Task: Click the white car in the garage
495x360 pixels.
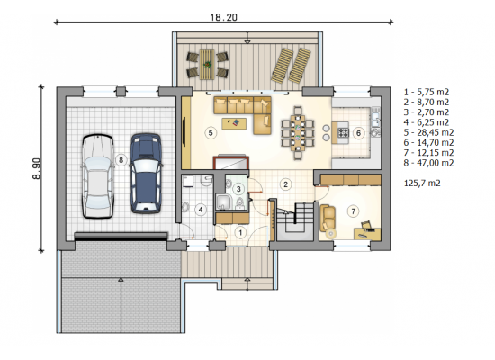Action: coord(97,176)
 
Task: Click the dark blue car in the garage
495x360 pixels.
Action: coord(146,173)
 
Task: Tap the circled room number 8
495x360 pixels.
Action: coord(121,160)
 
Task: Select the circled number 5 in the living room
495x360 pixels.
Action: coord(211,133)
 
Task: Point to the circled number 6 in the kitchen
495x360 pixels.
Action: coord(358,133)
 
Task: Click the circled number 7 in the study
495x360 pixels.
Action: coord(354,211)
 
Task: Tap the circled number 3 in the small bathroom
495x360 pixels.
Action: coord(238,189)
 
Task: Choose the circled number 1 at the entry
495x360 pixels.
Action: coord(240,233)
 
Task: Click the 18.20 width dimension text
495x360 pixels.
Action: coord(223,17)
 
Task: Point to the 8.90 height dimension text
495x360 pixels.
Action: coord(37,169)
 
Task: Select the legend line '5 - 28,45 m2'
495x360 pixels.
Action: coord(428,132)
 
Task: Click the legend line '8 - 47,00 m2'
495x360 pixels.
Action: coord(428,163)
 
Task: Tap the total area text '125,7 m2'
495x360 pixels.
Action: coord(422,183)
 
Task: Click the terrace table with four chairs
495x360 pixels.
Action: coord(207,65)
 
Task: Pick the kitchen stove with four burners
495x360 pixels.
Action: coord(344,132)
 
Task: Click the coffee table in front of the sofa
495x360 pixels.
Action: coord(234,123)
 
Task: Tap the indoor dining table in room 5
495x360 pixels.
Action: coord(297,132)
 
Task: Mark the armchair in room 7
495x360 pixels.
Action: coord(328,218)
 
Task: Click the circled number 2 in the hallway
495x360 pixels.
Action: coord(285,184)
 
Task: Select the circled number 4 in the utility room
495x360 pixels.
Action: coord(200,210)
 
